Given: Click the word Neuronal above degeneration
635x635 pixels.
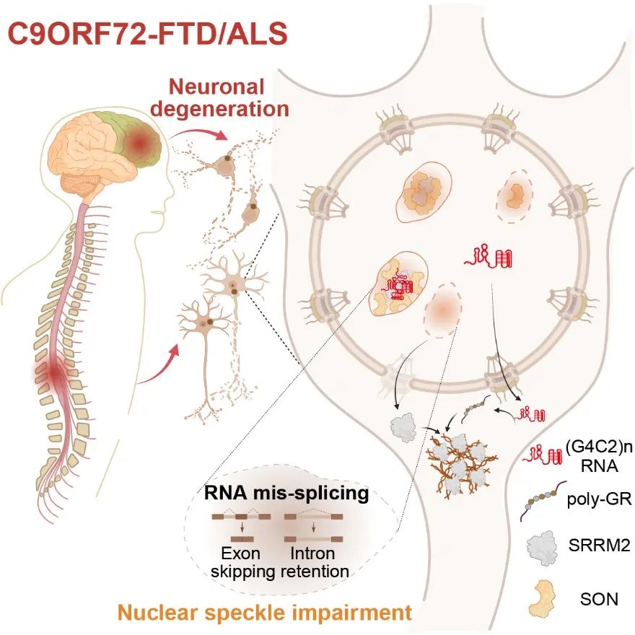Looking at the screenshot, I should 227,87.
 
